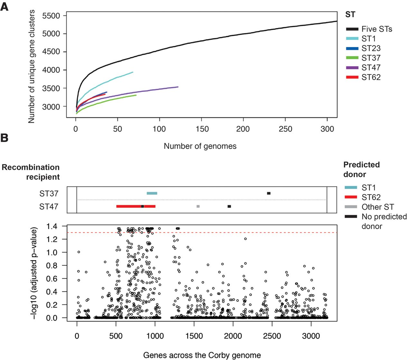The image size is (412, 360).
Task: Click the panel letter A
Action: pyautogui.click(x=5, y=6)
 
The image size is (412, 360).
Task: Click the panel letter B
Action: pyautogui.click(x=5, y=138)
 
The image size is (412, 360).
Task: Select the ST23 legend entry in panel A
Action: pyautogui.click(x=371, y=48)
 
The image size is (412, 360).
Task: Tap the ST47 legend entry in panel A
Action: pyautogui.click(x=371, y=68)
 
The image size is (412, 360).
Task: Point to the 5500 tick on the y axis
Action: pyautogui.click(x=51, y=16)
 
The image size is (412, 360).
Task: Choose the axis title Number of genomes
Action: pyautogui.click(x=200, y=146)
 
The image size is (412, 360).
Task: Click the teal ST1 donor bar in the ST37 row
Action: pyautogui.click(x=152, y=193)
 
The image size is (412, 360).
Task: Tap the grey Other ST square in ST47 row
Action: pyautogui.click(x=198, y=206)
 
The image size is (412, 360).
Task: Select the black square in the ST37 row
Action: pyautogui.click(x=269, y=193)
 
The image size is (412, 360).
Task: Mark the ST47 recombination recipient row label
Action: pyautogui.click(x=49, y=207)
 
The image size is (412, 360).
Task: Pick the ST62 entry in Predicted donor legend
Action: pyautogui.click(x=371, y=197)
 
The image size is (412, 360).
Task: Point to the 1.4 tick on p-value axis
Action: pyautogui.click(x=52, y=226)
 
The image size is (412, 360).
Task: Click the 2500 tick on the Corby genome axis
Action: pyautogui.click(x=272, y=336)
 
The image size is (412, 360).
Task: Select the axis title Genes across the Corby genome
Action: pyautogui.click(x=202, y=355)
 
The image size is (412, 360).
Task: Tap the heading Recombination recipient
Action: pyautogui.click(x=31, y=172)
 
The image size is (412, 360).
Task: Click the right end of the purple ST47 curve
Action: pyautogui.click(x=178, y=87)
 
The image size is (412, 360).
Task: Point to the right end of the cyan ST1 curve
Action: pyautogui.click(x=133, y=72)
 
